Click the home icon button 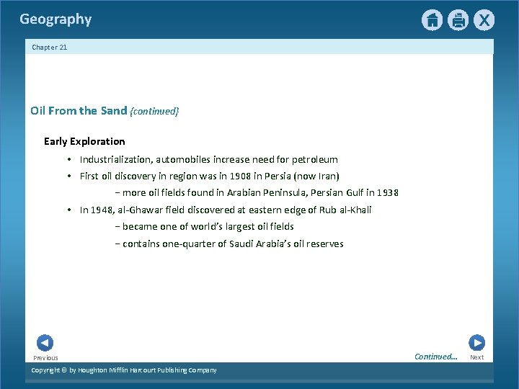432,20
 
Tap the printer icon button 458,20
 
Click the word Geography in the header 56,19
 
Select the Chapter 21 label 50,48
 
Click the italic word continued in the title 154,111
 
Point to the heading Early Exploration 84,141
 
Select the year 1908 226,176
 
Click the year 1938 386,192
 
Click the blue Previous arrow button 45,344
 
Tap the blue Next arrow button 476,343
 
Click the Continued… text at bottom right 435,357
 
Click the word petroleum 314,159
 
